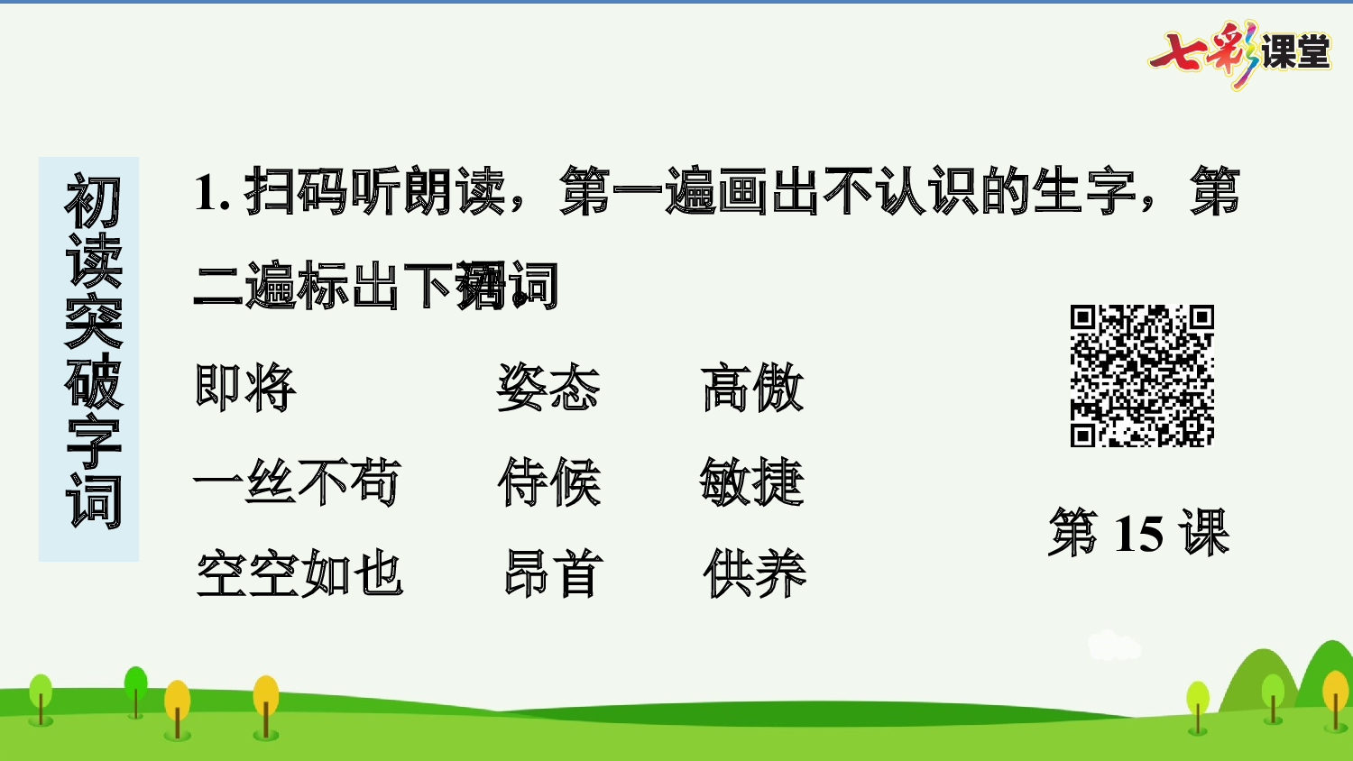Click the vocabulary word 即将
245,388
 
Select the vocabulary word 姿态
548,388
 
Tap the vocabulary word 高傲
751,388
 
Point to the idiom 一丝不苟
297,481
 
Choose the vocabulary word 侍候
548,481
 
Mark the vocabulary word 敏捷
751,481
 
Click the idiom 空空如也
299,574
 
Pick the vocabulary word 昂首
552,574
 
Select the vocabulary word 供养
754,574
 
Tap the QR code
1142,376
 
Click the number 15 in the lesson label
1138,533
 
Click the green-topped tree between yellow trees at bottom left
136,689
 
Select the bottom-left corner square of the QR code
1083,435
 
